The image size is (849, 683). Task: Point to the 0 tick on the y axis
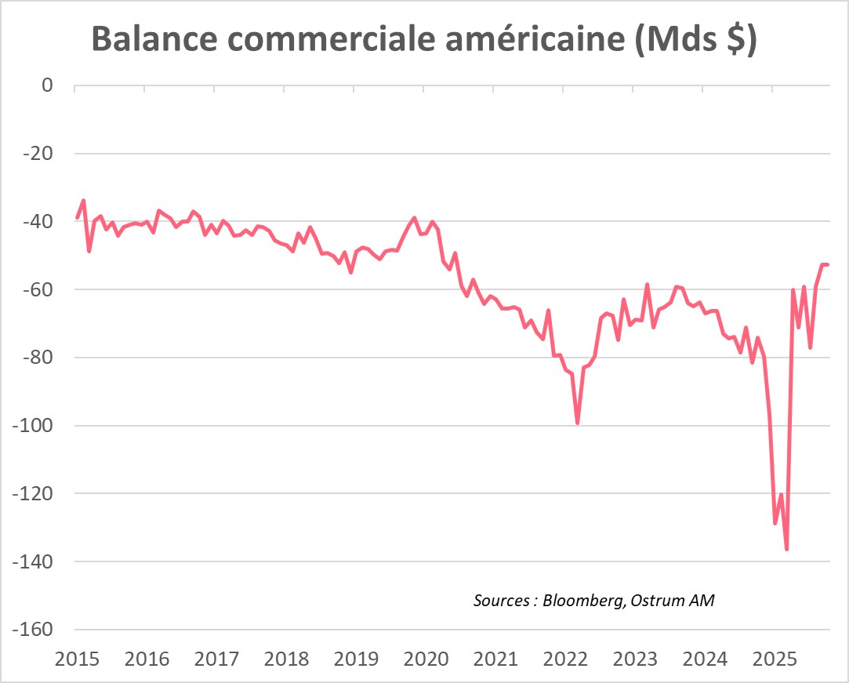pos(46,85)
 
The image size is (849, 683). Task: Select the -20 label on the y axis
pos(38,153)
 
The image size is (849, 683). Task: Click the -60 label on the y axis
pos(38,289)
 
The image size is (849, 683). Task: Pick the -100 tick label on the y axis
pos(33,426)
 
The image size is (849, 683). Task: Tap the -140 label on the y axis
pos(33,561)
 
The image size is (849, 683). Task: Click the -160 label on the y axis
pos(33,630)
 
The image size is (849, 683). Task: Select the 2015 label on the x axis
pos(77,658)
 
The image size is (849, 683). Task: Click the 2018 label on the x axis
pos(286,658)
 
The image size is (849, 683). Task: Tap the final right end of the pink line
pos(829,264)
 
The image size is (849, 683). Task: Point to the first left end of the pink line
pos(77,218)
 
